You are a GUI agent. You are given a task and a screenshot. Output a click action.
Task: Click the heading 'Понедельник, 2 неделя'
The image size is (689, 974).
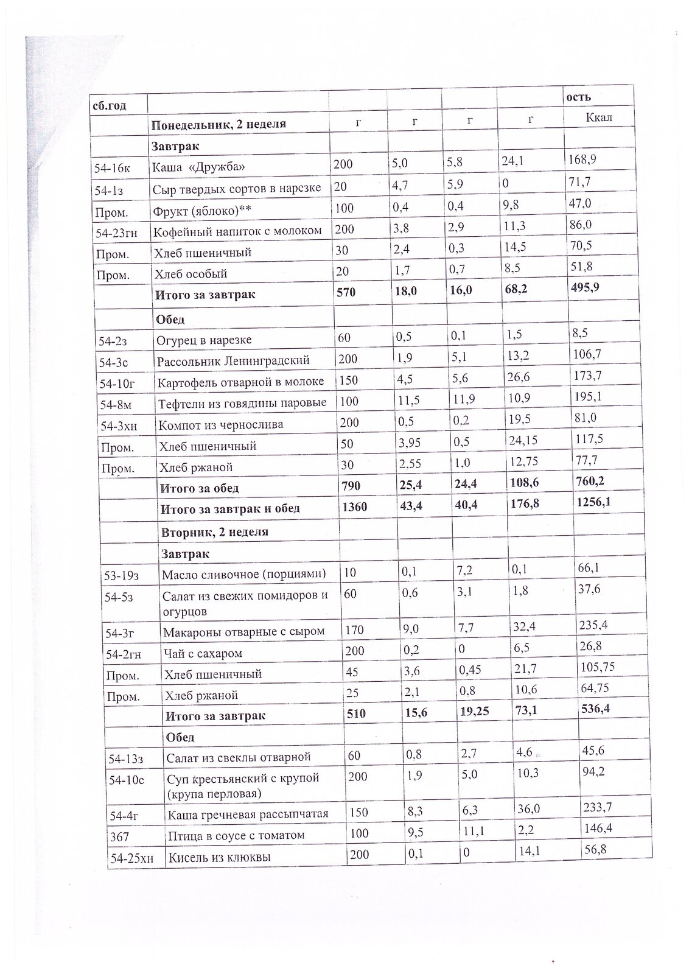pyautogui.click(x=219, y=125)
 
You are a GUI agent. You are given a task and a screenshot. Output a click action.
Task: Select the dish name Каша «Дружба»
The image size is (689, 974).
pyautogui.click(x=194, y=167)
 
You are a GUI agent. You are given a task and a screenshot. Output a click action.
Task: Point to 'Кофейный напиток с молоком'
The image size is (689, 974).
pyautogui.click(x=237, y=231)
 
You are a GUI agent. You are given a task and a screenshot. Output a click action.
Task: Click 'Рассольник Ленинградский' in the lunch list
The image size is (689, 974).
pyautogui.click(x=233, y=360)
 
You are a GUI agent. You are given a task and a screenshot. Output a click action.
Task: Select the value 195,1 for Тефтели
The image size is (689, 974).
pyautogui.click(x=588, y=397)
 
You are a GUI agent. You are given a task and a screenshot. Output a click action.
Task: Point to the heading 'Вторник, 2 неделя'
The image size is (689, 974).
pyautogui.click(x=215, y=531)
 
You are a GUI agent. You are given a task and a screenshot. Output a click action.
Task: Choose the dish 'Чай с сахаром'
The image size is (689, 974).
pyautogui.click(x=203, y=653)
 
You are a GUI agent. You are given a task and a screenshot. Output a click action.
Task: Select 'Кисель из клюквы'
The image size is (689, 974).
pyautogui.click(x=219, y=857)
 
